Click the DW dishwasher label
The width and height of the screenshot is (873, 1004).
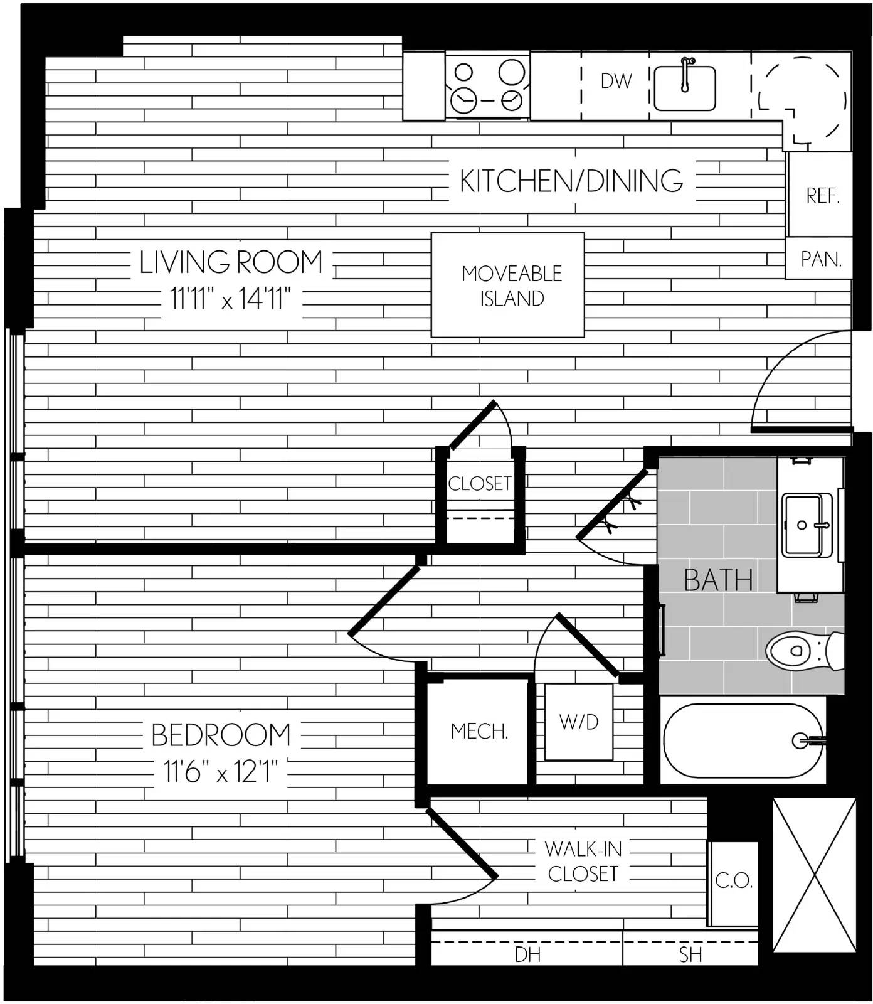point(616,81)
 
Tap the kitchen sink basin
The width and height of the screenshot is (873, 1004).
point(684,88)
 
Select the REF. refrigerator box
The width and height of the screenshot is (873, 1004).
point(820,195)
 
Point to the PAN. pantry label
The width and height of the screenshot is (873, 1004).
point(821,259)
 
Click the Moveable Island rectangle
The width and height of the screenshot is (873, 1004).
point(507,285)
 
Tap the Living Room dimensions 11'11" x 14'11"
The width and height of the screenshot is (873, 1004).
point(231,299)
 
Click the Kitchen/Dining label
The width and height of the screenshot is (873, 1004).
point(571,181)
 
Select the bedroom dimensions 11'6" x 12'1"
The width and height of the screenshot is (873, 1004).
point(220,771)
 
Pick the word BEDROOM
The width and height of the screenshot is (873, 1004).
point(221,735)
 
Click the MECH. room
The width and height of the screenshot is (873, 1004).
point(478,730)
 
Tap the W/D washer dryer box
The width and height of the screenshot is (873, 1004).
point(579,722)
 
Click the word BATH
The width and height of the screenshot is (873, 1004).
point(719,580)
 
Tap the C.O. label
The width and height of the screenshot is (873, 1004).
point(734,881)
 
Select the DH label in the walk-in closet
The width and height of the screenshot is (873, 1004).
point(527,954)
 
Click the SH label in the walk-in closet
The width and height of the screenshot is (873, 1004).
point(690,954)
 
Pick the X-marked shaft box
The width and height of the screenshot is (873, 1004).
point(814,875)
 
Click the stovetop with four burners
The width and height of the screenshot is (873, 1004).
point(488,86)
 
